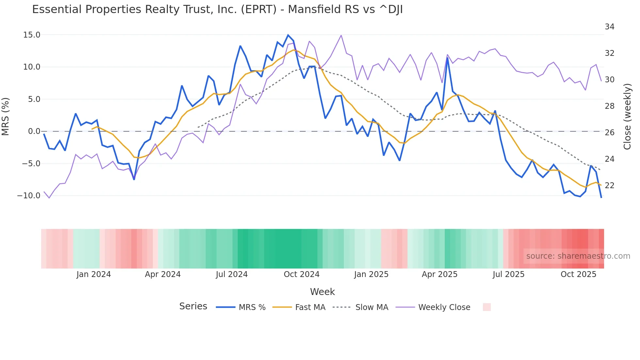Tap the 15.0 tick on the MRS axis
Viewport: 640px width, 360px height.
pyautogui.click(x=32, y=35)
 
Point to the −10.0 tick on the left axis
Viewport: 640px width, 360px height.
pyautogui.click(x=29, y=196)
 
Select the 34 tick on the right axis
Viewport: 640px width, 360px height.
pyautogui.click(x=609, y=27)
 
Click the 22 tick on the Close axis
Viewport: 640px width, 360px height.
pyautogui.click(x=609, y=186)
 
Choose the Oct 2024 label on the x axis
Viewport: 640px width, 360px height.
pyautogui.click(x=301, y=274)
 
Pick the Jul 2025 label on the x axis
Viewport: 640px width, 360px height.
pyautogui.click(x=508, y=274)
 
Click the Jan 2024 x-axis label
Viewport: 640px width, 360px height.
pyautogui.click(x=94, y=274)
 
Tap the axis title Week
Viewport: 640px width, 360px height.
pyautogui.click(x=322, y=292)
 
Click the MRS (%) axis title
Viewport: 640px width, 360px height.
pyautogui.click(x=6, y=116)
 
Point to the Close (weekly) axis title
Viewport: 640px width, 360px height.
pyautogui.click(x=627, y=117)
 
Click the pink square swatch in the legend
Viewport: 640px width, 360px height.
pyautogui.click(x=487, y=307)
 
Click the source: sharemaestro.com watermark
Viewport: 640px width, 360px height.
pyautogui.click(x=578, y=256)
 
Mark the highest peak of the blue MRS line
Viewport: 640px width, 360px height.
pyautogui.click(x=288, y=35)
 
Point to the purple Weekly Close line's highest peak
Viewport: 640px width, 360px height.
pyautogui.click(x=341, y=35)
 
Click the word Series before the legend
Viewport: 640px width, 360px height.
pyautogui.click(x=193, y=306)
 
